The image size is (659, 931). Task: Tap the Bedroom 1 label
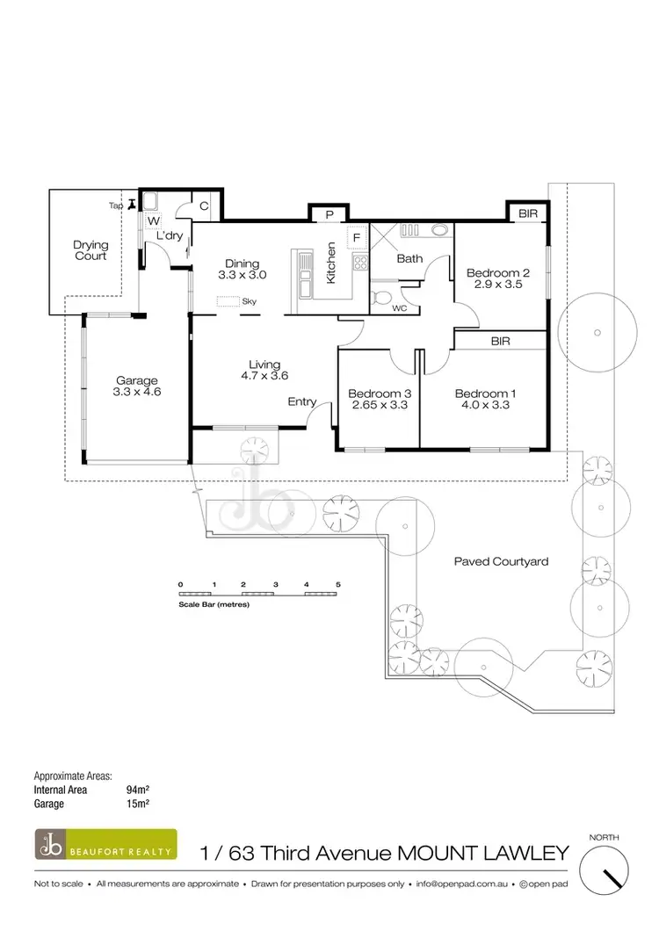pos(482,393)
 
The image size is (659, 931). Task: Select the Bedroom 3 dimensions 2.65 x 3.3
pos(379,406)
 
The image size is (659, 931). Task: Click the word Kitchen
pos(331,262)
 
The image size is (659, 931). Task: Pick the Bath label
pos(409,259)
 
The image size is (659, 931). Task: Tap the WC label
pos(398,308)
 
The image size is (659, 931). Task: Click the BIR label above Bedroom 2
pos(527,213)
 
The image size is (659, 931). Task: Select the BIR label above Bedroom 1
pos(502,340)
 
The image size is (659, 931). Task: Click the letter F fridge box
pos(356,237)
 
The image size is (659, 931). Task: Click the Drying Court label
pos(90,250)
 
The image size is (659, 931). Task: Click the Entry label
pos(302,401)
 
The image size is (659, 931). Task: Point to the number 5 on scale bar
pos(337,584)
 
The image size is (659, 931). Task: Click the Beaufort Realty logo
pos(105,844)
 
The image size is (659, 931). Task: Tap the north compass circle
pos(607,873)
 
